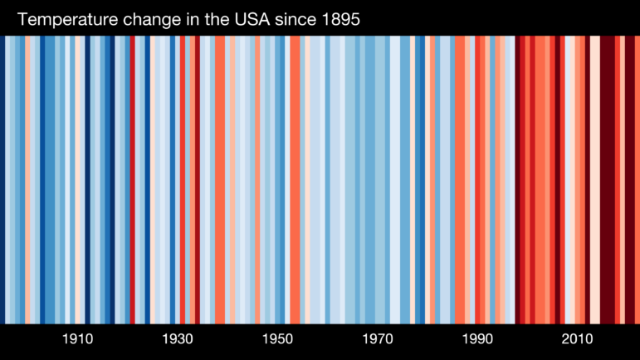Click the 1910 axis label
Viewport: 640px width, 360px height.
tap(77, 339)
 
